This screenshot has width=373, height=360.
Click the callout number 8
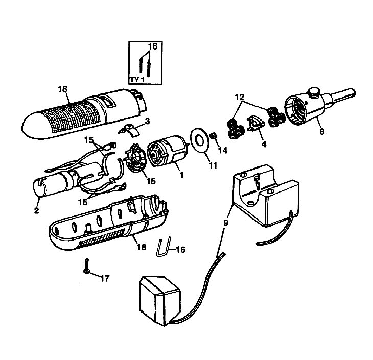click(321, 132)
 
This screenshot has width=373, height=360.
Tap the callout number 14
click(223, 150)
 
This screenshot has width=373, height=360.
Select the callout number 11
click(213, 165)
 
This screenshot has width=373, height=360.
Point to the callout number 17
click(104, 278)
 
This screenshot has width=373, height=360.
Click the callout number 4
click(264, 144)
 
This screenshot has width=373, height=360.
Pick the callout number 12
click(239, 97)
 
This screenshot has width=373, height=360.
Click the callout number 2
click(36, 210)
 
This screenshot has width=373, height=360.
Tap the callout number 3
click(147, 121)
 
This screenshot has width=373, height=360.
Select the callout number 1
click(181, 175)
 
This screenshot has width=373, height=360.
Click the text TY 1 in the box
click(137, 80)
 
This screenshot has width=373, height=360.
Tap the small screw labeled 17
click(86, 266)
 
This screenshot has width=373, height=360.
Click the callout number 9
click(225, 223)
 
